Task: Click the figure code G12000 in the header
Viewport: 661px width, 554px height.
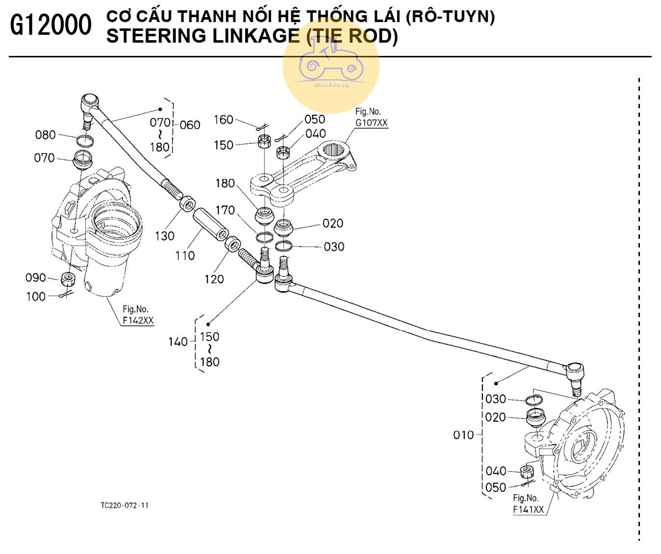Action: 51,25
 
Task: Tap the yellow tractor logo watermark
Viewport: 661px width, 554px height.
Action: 330,67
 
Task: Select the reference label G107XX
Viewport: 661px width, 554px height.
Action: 371,123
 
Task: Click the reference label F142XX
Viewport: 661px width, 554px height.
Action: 138,321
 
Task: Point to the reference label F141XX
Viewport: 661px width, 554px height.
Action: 529,509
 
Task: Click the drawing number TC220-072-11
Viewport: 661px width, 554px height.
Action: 124,505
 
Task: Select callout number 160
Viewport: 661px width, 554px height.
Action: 223,120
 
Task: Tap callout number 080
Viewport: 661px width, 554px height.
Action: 45,135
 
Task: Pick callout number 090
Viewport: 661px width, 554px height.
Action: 35,278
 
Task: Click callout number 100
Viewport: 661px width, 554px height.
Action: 35,297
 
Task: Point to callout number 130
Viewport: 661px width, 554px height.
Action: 165,236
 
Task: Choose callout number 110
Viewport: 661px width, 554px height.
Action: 185,255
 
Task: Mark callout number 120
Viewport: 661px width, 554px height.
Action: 214,279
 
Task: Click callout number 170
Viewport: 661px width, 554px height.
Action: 225,210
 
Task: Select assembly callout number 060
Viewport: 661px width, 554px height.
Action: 190,125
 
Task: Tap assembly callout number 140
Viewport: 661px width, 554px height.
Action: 178,342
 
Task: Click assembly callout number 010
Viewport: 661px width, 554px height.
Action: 463,435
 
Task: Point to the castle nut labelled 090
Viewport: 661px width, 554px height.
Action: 68,280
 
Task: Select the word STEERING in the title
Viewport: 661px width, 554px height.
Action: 150,36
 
